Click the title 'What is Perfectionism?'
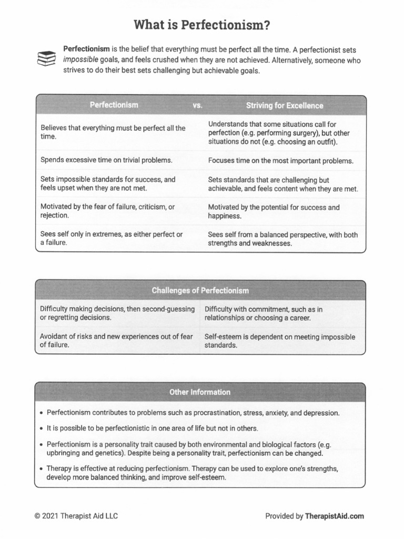point(202,25)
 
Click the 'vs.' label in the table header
point(198,105)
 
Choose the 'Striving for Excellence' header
point(285,105)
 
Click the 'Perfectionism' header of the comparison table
point(114,105)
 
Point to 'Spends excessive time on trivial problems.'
point(106,159)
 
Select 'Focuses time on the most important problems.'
point(281,161)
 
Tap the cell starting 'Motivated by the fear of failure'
point(107,211)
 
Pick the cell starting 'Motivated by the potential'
point(274,212)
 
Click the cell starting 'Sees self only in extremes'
point(112,238)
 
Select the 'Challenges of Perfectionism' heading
point(200,291)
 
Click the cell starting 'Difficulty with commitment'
point(264,314)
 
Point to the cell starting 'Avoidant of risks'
point(116,341)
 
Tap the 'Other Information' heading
point(200,392)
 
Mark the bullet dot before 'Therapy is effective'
point(41,468)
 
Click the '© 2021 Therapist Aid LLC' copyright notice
point(76,516)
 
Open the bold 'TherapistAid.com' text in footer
point(334,516)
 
